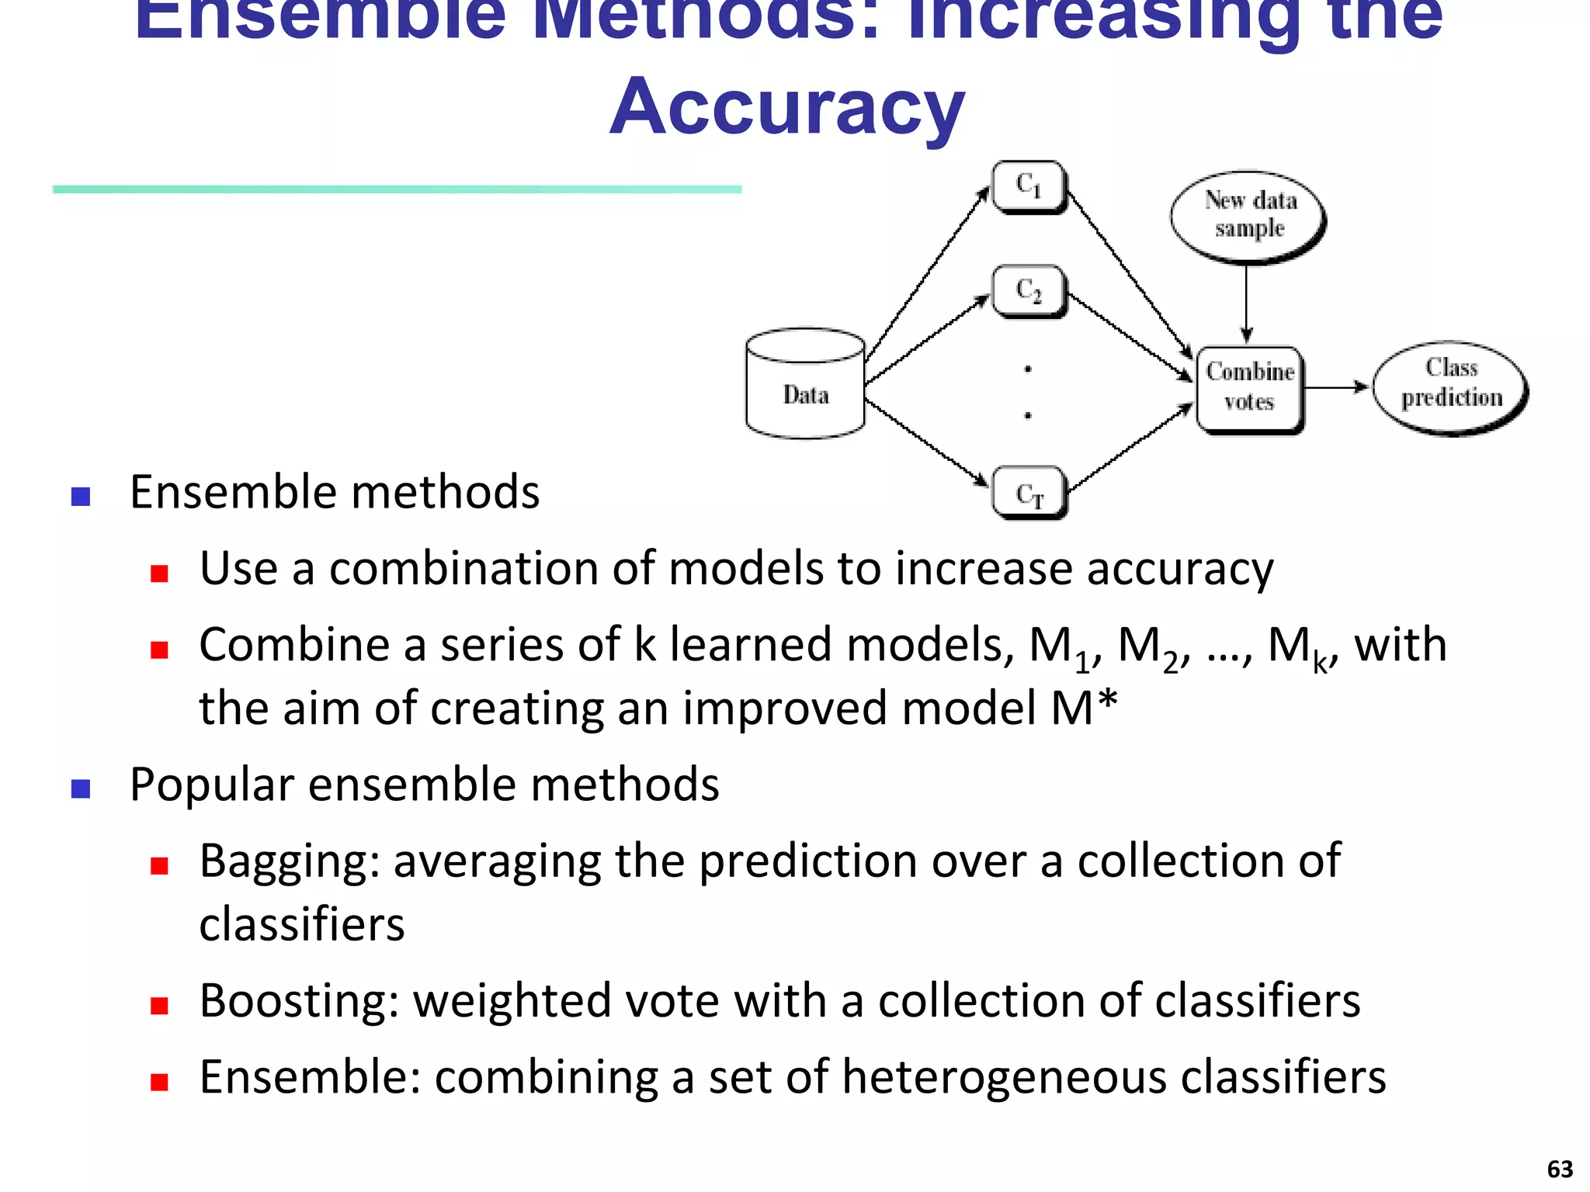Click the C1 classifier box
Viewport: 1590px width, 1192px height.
[x=1029, y=186]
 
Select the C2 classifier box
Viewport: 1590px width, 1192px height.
[x=1029, y=291]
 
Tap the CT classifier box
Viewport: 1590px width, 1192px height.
[x=1029, y=493]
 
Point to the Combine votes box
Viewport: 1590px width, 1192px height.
[x=1249, y=388]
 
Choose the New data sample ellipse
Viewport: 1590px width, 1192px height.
[x=1248, y=216]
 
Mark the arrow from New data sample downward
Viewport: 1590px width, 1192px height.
[x=1247, y=303]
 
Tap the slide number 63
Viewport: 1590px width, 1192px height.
[x=1560, y=1169]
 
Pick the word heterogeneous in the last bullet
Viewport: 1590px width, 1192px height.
[x=1005, y=1078]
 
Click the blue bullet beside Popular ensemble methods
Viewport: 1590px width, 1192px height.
[x=81, y=789]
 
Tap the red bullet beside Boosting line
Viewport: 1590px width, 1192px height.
[x=160, y=1006]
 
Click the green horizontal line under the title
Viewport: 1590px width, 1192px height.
[x=397, y=189]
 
